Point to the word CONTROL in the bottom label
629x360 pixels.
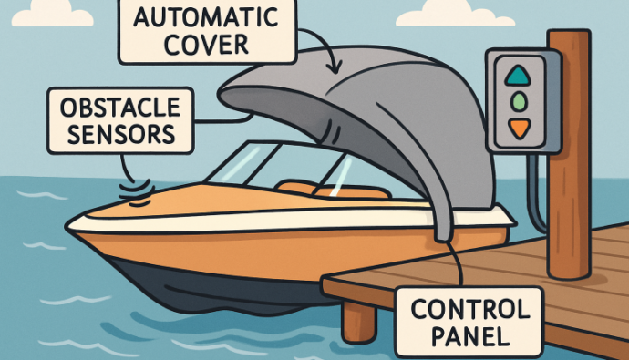click(x=469, y=310)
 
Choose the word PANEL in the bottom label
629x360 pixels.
click(x=469, y=335)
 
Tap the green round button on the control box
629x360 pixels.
click(x=519, y=100)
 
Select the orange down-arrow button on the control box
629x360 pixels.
click(x=519, y=128)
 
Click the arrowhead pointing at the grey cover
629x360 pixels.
click(x=338, y=69)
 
